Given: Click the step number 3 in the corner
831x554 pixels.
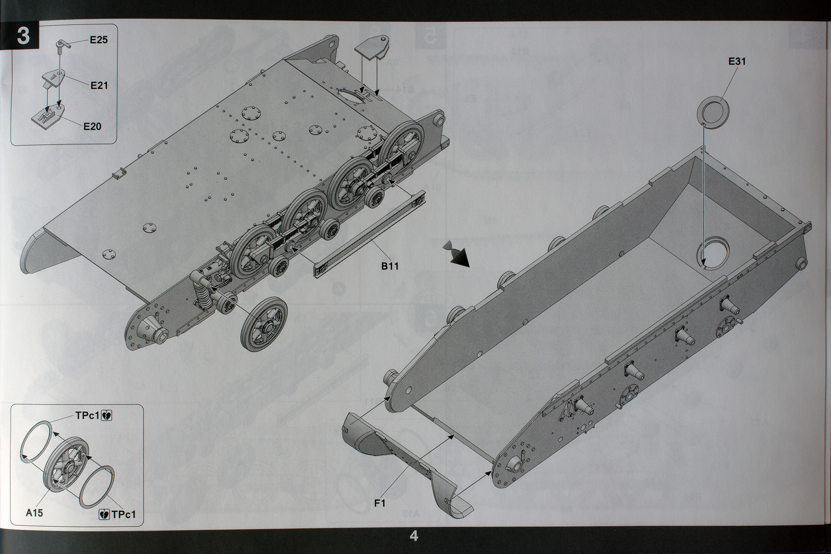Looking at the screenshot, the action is coord(23,36).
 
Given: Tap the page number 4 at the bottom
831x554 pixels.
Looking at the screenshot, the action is coord(414,537).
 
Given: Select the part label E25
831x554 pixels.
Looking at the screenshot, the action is coord(99,40).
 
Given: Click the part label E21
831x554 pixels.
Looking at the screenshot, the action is coord(99,85).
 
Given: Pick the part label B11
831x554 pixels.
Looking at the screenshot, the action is coord(390,266).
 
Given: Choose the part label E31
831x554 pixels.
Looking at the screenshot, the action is coord(737,61).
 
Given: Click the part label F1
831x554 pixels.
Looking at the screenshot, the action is coord(380,503).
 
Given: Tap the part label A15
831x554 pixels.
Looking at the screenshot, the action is coord(34,513).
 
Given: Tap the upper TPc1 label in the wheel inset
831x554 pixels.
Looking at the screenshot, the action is coord(87,415).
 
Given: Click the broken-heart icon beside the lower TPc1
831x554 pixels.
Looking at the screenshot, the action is coord(104,514).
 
